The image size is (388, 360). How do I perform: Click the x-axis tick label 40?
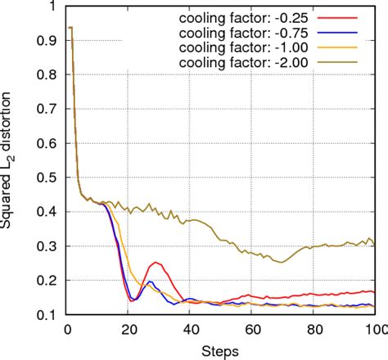(190, 330)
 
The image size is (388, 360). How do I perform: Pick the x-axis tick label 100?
(375, 330)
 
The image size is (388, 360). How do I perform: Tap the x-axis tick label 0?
(67, 330)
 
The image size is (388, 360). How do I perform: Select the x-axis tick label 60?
(252, 330)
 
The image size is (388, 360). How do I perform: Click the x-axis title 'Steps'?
(221, 350)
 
